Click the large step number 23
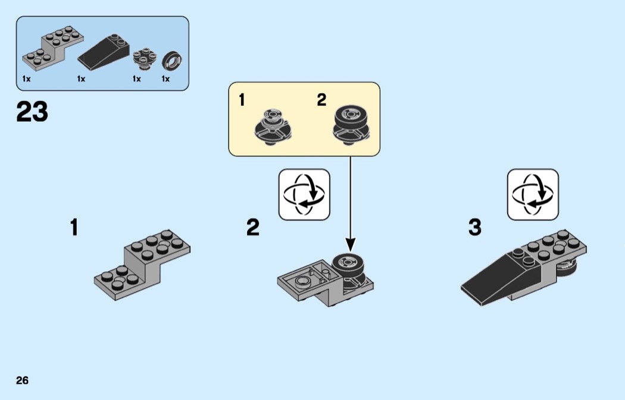(x=32, y=111)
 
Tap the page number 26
(x=22, y=380)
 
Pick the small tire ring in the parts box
(x=172, y=60)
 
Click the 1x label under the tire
(x=165, y=79)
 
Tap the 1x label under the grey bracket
(x=26, y=79)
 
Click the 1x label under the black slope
(x=81, y=79)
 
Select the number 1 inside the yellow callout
(x=242, y=100)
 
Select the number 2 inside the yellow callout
(x=321, y=100)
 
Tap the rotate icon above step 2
(x=304, y=194)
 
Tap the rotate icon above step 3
(x=533, y=194)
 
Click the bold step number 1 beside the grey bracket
(x=74, y=227)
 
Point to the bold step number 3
(x=474, y=227)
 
